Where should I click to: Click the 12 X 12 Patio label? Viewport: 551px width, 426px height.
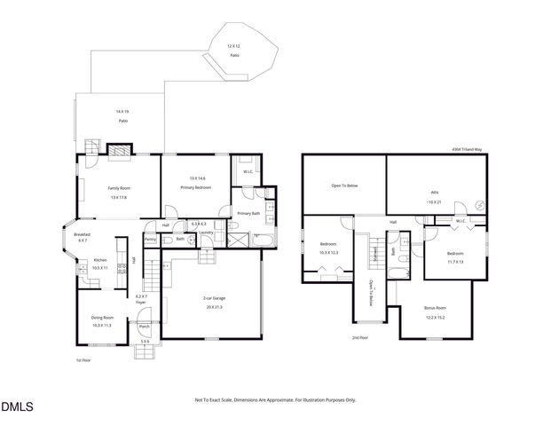coord(234,50)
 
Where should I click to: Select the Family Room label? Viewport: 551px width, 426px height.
coord(118,193)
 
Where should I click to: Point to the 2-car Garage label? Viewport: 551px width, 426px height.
coord(213,303)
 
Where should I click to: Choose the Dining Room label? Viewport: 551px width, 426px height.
coord(103,321)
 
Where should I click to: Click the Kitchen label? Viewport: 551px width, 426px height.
coord(100,264)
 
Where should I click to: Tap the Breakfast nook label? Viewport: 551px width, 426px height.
coord(82,237)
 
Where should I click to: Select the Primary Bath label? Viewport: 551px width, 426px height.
coord(248,214)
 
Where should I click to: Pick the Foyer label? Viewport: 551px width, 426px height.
coord(141,300)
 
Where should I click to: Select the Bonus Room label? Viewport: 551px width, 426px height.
coord(435,313)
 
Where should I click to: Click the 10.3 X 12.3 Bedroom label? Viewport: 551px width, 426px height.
coord(329,248)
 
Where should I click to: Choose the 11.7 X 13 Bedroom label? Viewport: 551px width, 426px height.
coord(455,257)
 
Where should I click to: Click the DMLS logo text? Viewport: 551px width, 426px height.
coord(17,407)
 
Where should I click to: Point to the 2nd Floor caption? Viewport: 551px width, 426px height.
coord(360,337)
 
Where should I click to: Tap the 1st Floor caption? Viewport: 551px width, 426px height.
coord(83,360)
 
